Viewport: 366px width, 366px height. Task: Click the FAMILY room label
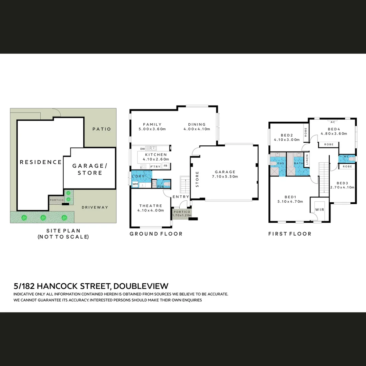click(x=152, y=124)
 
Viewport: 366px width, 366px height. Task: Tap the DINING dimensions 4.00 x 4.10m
click(x=197, y=129)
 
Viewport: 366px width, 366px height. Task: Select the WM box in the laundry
click(x=135, y=184)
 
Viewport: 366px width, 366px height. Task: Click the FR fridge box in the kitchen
click(x=165, y=166)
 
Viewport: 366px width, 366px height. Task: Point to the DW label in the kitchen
click(x=142, y=149)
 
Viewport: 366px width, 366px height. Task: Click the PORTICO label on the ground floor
click(x=182, y=211)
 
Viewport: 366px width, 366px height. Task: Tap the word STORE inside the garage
click(x=197, y=179)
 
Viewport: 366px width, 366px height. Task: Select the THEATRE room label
click(x=150, y=206)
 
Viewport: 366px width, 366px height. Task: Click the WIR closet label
click(x=320, y=210)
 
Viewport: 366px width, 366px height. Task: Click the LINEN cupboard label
click(x=307, y=160)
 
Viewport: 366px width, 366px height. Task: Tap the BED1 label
click(x=290, y=197)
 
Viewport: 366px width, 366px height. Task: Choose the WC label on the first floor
click(x=346, y=157)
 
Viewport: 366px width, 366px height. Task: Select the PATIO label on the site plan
click(x=101, y=129)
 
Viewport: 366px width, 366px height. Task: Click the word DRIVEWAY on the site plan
click(x=95, y=207)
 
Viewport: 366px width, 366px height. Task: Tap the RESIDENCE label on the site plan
click(x=41, y=162)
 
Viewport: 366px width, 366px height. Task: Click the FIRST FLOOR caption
click(x=289, y=234)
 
